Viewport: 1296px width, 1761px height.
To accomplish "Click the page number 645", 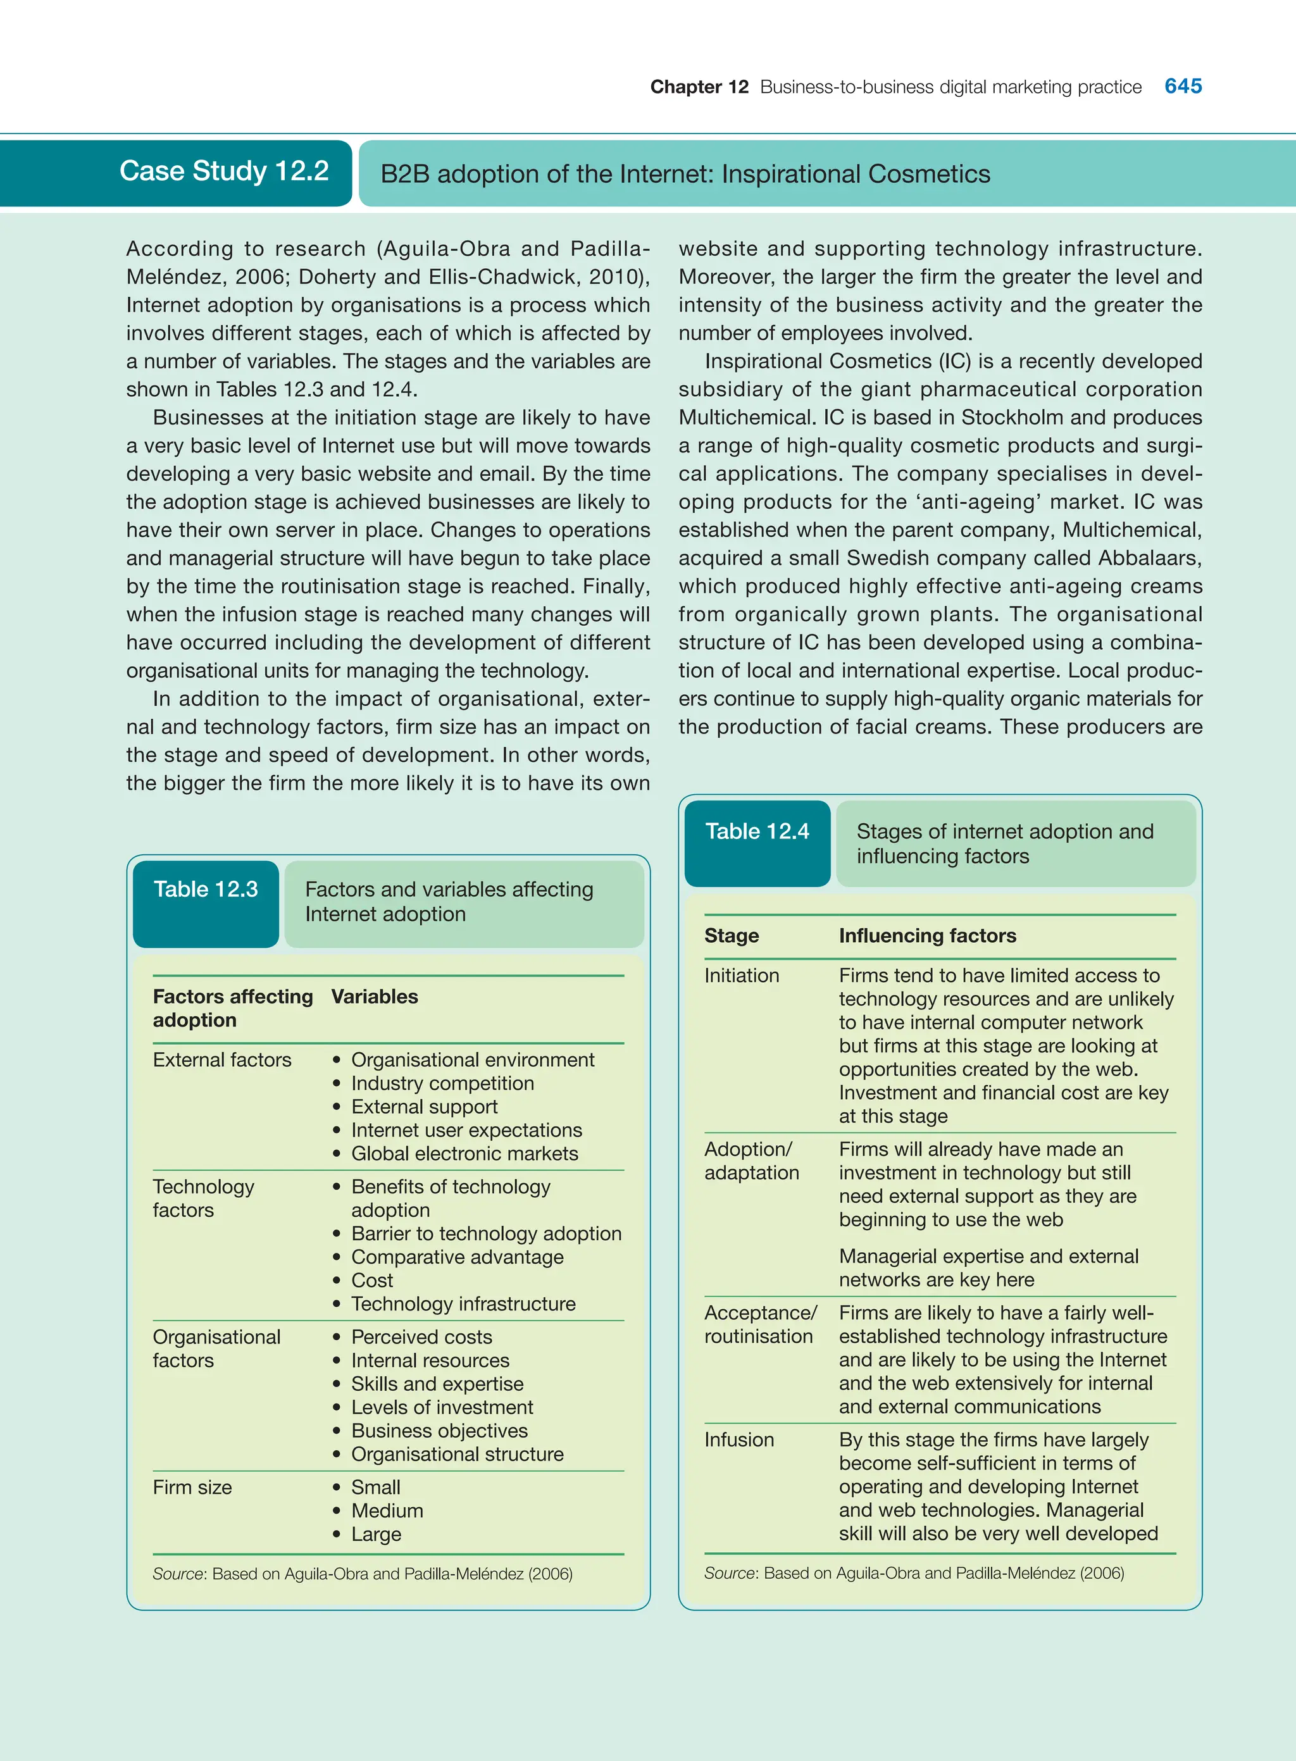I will click(1182, 86).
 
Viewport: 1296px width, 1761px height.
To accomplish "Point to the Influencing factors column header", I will click(926, 936).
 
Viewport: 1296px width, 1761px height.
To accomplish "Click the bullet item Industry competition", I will click(442, 1083).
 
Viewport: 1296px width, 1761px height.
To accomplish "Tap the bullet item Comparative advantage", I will click(457, 1257).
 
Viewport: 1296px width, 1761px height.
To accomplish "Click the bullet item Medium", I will click(387, 1511).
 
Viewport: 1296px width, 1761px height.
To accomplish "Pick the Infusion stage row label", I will click(738, 1440).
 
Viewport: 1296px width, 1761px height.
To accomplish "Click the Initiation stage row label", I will click(742, 975).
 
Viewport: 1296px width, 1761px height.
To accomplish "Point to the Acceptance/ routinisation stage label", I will click(759, 1324).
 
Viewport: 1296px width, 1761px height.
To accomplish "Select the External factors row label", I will click(222, 1060).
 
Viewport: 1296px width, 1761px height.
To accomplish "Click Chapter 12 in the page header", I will click(699, 87).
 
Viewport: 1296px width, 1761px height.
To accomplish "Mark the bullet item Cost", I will click(372, 1280).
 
